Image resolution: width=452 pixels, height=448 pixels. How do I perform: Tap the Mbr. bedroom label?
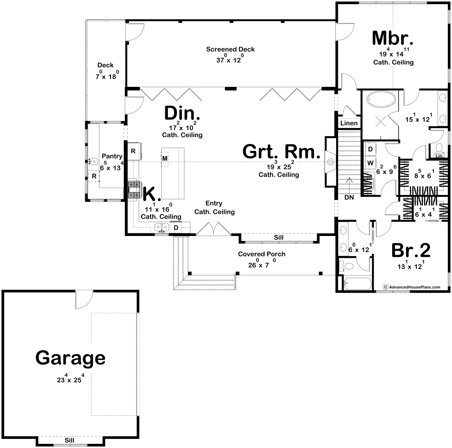click(393, 38)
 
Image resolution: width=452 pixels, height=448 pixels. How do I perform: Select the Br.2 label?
click(411, 251)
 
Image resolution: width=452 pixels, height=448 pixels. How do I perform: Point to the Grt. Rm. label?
click(281, 152)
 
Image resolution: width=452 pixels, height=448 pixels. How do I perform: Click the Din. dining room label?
click(182, 113)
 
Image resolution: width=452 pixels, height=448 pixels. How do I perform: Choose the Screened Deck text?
click(230, 49)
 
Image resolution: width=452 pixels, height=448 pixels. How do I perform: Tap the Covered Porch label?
click(262, 254)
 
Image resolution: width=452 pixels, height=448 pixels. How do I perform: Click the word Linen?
click(349, 123)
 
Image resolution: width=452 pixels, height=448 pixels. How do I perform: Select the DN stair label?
click(349, 197)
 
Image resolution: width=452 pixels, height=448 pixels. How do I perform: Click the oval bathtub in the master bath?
click(381, 99)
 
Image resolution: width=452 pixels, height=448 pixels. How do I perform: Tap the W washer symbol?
click(370, 163)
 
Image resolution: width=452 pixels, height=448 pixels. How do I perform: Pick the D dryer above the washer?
click(370, 149)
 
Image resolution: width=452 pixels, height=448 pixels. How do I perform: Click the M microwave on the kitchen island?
click(165, 158)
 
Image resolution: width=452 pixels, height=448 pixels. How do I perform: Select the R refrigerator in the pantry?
click(94, 176)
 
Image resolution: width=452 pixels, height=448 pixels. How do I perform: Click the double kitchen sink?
click(162, 227)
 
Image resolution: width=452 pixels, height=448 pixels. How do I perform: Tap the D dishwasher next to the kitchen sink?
click(176, 228)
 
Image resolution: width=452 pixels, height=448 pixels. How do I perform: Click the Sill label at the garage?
click(70, 440)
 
